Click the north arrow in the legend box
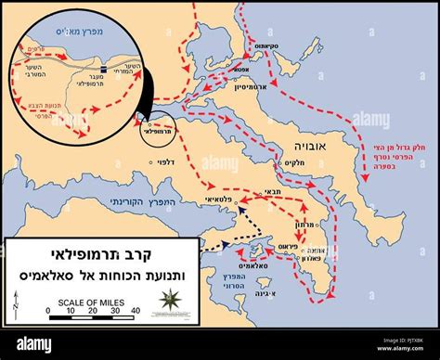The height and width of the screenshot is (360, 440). click(18, 299)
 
